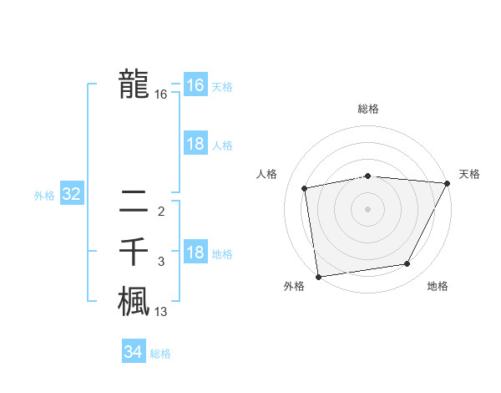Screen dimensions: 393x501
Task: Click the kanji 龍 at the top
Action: tap(134, 84)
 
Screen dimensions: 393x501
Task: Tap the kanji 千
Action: tap(134, 252)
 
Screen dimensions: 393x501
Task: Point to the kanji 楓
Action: tap(134, 301)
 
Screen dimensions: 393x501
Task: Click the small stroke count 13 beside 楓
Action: tap(161, 312)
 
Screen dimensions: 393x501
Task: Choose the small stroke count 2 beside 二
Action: tap(161, 211)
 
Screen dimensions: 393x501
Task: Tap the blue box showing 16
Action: tap(195, 85)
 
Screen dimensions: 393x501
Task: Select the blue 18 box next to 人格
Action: tap(195, 144)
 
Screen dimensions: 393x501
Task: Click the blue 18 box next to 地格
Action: tap(195, 253)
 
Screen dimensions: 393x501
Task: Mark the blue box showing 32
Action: tap(71, 195)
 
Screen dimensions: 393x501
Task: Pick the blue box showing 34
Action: tap(133, 352)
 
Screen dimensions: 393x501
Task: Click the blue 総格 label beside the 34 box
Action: tap(160, 354)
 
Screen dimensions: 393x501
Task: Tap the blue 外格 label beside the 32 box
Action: tap(44, 196)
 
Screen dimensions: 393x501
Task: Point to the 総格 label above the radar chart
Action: tap(367, 109)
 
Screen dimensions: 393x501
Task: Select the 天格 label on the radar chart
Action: tap(469, 174)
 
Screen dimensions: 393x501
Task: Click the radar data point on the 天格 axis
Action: tap(447, 183)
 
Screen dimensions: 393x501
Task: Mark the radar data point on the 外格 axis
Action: tap(318, 276)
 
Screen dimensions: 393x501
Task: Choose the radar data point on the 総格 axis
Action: tap(367, 176)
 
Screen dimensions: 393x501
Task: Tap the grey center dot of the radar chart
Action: tap(367, 208)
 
